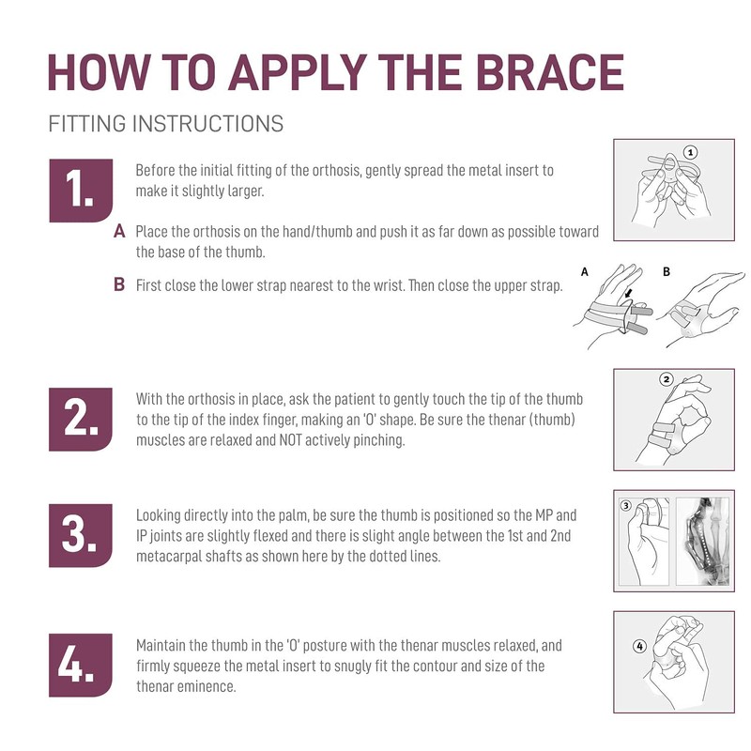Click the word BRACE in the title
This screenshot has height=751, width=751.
549,72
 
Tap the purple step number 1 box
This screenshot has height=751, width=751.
81,191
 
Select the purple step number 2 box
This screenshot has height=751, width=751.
81,420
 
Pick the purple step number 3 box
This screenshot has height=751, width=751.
81,535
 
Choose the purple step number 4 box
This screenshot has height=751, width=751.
81,666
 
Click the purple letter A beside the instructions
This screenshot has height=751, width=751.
119,232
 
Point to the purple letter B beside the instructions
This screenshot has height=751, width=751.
119,285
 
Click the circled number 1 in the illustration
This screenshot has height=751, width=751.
690,153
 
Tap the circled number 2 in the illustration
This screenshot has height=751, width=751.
667,380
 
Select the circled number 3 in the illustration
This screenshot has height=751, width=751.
625,506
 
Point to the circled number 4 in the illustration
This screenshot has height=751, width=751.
640,646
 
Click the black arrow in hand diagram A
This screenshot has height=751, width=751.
628,293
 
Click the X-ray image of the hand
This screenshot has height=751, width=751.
702,542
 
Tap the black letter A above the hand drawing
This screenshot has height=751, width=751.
584,272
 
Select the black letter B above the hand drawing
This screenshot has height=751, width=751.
667,271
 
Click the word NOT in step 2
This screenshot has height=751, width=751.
290,440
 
